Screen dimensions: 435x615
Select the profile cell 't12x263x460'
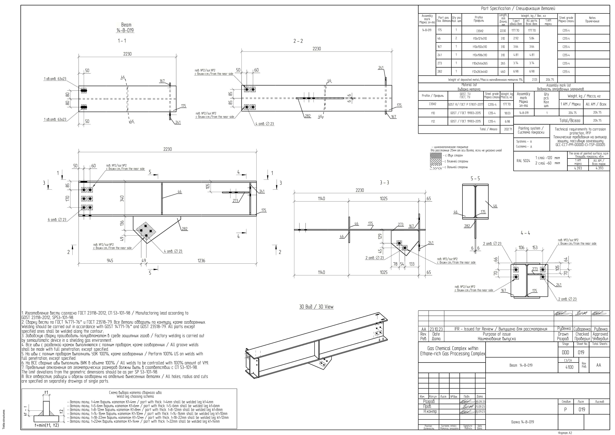(x=479, y=72)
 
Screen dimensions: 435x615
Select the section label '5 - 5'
(x=475, y=178)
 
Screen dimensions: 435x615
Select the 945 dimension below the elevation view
(x=110, y=261)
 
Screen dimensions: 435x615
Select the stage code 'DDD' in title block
(x=565, y=352)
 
